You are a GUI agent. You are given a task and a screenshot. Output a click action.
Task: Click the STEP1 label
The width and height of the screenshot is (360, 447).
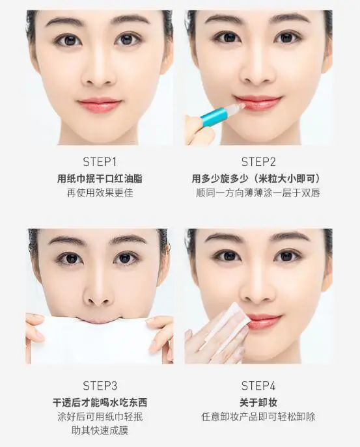pos(100,162)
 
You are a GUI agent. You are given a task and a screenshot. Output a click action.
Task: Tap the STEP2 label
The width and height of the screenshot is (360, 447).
pos(258,162)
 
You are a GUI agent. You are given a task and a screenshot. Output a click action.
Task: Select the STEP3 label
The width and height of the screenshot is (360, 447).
pos(100,386)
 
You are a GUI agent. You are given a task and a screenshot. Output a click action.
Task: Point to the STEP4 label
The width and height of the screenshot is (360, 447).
pos(258,386)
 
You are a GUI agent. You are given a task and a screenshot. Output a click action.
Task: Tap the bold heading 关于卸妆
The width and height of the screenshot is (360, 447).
pos(258,403)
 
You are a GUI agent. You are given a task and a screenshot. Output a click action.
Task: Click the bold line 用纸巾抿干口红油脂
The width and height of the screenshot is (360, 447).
pos(100,179)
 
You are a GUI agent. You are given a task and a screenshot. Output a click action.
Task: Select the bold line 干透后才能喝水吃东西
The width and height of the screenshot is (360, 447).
pos(100,403)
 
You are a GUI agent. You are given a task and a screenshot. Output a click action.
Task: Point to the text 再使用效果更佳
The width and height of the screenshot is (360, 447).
pos(100,193)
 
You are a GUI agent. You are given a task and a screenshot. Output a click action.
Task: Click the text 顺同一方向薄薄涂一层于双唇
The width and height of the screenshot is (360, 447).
pos(258,193)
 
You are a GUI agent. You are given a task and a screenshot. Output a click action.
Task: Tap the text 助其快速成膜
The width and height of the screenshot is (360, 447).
pos(100,431)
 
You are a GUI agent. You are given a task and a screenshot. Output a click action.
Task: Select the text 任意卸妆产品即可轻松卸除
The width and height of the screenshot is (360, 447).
pos(258,416)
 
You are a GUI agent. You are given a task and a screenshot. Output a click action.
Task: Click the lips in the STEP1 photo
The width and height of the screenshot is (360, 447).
pos(100,105)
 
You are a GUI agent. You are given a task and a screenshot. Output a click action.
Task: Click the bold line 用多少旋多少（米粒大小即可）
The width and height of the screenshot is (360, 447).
pos(256,179)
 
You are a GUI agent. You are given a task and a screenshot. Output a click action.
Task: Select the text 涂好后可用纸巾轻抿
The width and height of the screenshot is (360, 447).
pos(100,416)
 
